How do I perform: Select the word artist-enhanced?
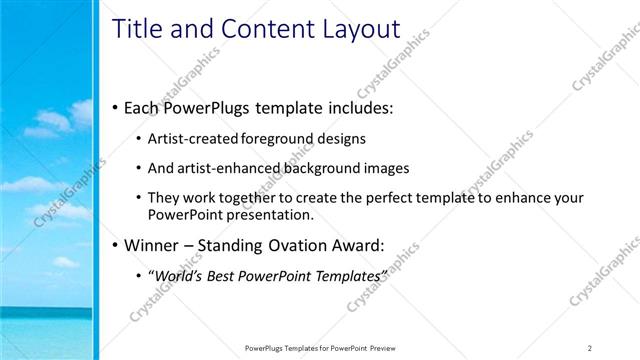[222, 168]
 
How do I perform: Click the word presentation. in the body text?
[265, 214]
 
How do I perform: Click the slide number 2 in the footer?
[590, 348]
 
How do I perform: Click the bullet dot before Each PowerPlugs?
[116, 106]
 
